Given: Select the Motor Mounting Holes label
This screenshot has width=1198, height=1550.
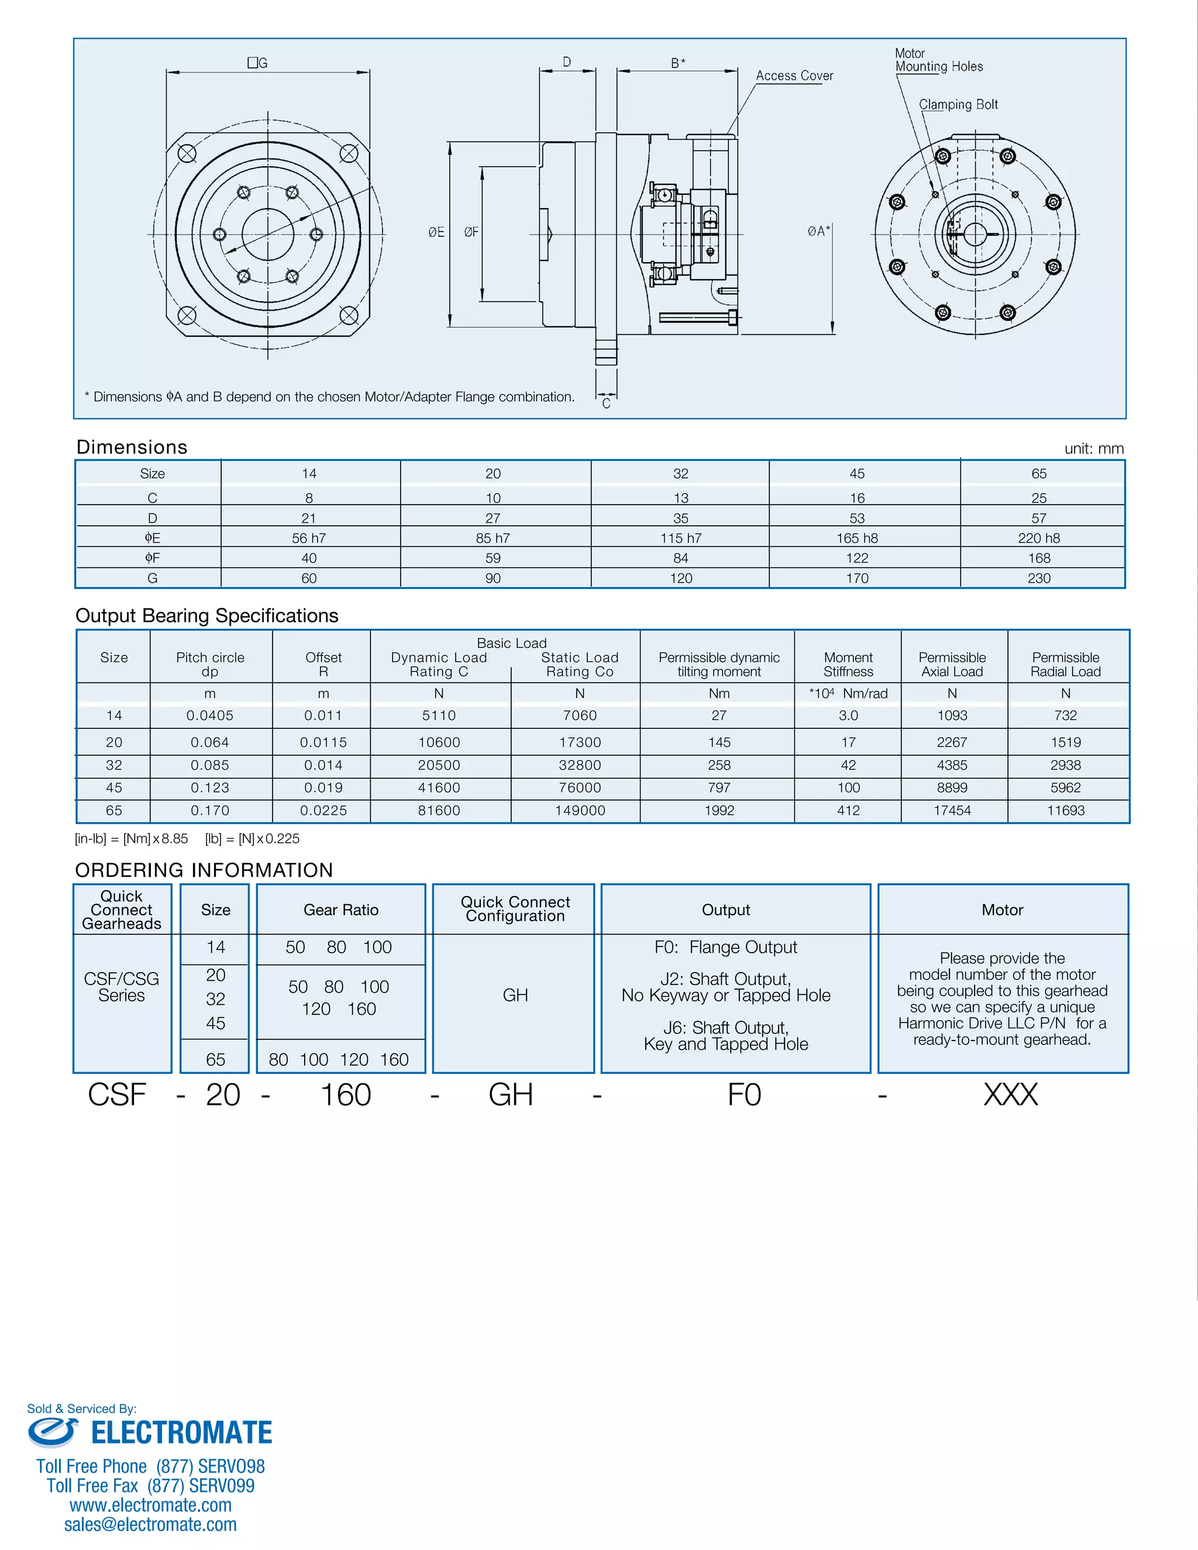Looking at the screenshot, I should (x=938, y=60).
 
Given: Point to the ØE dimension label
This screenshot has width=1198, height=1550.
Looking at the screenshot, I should (x=436, y=232).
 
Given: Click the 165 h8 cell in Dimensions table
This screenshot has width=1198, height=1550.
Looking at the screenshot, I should (x=856, y=538).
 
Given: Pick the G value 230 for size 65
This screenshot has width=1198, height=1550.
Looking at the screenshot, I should (x=1038, y=578).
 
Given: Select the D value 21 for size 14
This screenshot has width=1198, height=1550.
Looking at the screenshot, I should (x=309, y=518).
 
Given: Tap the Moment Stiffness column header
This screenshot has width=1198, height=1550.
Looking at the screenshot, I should (x=848, y=664).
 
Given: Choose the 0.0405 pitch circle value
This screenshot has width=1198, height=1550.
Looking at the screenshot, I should (x=209, y=715).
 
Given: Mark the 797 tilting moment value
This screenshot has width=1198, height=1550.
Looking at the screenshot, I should (x=718, y=787).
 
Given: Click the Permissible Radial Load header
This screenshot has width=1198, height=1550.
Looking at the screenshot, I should (x=1065, y=664).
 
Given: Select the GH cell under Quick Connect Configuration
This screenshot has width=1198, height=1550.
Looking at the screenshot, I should (x=515, y=995).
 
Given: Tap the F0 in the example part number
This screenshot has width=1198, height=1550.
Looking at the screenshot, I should (x=744, y=1095).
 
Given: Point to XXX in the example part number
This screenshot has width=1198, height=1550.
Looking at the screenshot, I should (x=1010, y=1095).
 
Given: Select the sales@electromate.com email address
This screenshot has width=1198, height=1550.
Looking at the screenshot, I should (x=150, y=1524).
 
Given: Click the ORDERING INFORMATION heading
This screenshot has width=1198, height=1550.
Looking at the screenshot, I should (x=204, y=870).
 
